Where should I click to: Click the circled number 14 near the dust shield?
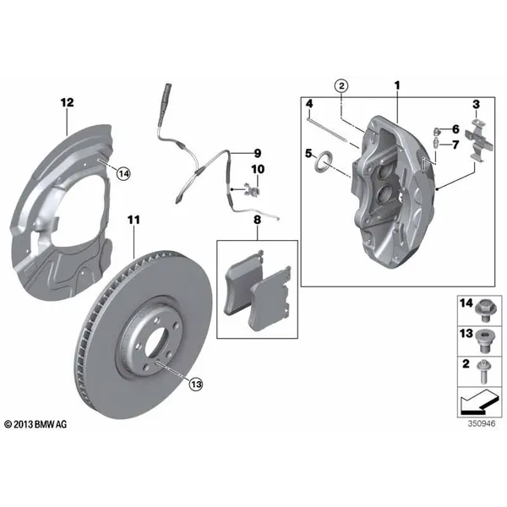[x=123, y=174]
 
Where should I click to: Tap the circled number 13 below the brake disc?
[x=196, y=384]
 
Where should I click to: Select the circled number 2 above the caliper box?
[x=341, y=86]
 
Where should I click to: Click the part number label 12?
[x=68, y=103]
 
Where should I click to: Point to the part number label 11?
[x=134, y=221]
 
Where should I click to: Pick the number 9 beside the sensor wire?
[x=258, y=153]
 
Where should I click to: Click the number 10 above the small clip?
[x=258, y=169]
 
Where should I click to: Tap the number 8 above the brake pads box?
[x=257, y=220]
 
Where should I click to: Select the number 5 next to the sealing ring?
[x=308, y=153]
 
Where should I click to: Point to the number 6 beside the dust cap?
[x=455, y=129]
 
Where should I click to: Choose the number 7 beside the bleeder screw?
[x=455, y=144]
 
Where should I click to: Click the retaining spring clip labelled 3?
[x=479, y=140]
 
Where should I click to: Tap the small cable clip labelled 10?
[x=251, y=190]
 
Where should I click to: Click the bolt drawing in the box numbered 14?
[x=484, y=311]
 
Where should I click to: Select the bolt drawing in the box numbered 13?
[x=484, y=341]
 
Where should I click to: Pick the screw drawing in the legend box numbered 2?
[x=484, y=372]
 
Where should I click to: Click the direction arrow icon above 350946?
[x=479, y=402]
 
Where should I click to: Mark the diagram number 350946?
[x=482, y=423]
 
